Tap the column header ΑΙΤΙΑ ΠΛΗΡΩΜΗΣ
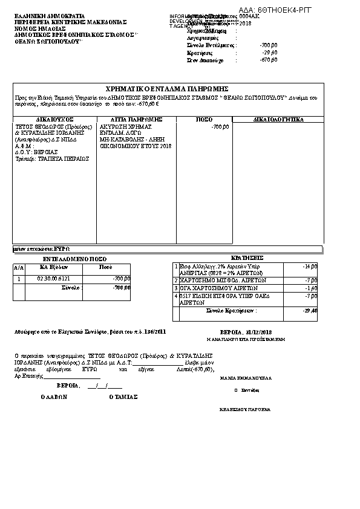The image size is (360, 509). click(x=136, y=120)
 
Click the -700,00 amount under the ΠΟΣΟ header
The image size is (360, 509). click(x=220, y=127)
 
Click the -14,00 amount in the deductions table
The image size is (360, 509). click(x=310, y=266)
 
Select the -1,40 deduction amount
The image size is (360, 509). click(x=312, y=288)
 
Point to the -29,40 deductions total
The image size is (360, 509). click(x=310, y=310)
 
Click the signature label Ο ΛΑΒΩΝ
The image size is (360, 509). click(x=53, y=397)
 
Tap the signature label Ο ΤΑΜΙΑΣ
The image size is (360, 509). click(x=123, y=397)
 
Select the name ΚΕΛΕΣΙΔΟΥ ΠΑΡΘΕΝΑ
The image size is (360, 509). click(x=244, y=409)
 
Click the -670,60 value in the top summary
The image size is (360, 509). click(x=268, y=61)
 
